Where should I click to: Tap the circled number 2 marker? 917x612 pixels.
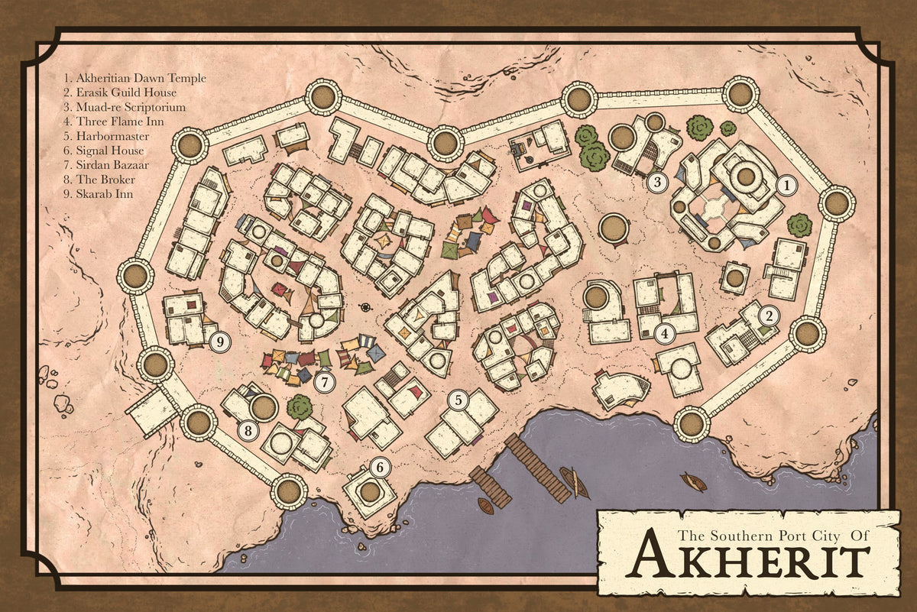point(769,314)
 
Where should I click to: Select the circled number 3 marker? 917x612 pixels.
point(656,182)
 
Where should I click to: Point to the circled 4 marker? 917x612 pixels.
point(666,333)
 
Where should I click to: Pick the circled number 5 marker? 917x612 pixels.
point(457,398)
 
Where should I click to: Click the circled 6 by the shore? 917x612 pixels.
point(380,466)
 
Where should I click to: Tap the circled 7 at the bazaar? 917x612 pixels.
point(325,380)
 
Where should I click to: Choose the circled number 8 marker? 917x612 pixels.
point(248,431)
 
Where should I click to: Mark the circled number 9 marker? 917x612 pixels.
point(220,342)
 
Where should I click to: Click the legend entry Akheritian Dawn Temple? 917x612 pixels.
point(135,78)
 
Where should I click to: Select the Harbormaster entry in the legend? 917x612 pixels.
point(105,135)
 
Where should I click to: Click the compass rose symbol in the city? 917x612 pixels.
point(366,307)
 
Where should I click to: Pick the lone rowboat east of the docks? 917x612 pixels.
point(693,481)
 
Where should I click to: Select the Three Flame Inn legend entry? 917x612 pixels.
point(109,121)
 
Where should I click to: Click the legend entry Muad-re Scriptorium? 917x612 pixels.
point(125,107)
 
